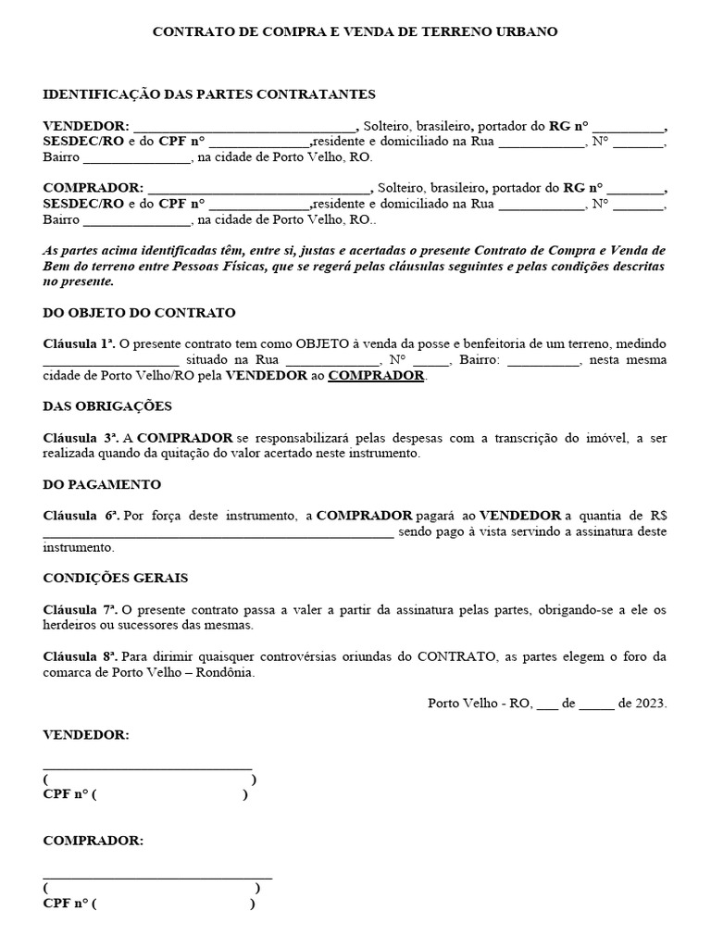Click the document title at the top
pyautogui.click(x=355, y=31)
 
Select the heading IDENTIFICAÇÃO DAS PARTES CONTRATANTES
pyautogui.click(x=209, y=94)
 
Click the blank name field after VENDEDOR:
pyautogui.click(x=245, y=128)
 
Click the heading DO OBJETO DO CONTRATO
pyautogui.click(x=139, y=313)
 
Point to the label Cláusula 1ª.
pyautogui.click(x=79, y=344)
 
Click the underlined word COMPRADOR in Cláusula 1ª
pyautogui.click(x=376, y=376)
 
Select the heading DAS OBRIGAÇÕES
pyautogui.click(x=107, y=406)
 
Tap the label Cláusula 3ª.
pyautogui.click(x=81, y=438)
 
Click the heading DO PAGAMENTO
pyautogui.click(x=102, y=484)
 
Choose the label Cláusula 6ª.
pyautogui.click(x=81, y=516)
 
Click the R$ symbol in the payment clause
pyautogui.click(x=658, y=516)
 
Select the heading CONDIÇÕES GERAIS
pyautogui.click(x=116, y=578)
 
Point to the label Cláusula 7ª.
pyautogui.click(x=80, y=610)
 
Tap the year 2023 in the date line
pyautogui.click(x=650, y=704)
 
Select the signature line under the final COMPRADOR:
pyautogui.click(x=157, y=876)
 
